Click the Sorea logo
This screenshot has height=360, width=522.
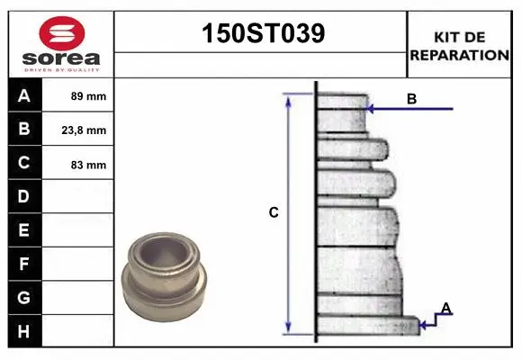(x=61, y=44)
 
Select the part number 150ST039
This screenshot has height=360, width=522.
(x=260, y=34)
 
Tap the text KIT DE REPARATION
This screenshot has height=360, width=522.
(x=459, y=45)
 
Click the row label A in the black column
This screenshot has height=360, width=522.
(x=24, y=95)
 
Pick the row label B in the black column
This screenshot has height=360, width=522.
(x=24, y=130)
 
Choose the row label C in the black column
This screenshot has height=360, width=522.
(x=24, y=163)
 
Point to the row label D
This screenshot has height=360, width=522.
(x=24, y=196)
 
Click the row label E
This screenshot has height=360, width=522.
(x=24, y=230)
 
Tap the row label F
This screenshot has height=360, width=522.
(x=24, y=264)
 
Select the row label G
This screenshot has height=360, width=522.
(x=24, y=297)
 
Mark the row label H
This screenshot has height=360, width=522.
(x=24, y=331)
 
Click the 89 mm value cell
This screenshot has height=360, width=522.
(x=88, y=95)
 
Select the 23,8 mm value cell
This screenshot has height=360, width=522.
(x=88, y=130)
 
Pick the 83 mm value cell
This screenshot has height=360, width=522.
(x=88, y=164)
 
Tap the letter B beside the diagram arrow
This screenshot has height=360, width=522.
(x=411, y=99)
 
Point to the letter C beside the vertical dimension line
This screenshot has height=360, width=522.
(x=274, y=213)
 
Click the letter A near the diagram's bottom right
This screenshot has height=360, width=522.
(x=445, y=309)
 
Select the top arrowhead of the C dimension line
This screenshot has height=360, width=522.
(x=288, y=99)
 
